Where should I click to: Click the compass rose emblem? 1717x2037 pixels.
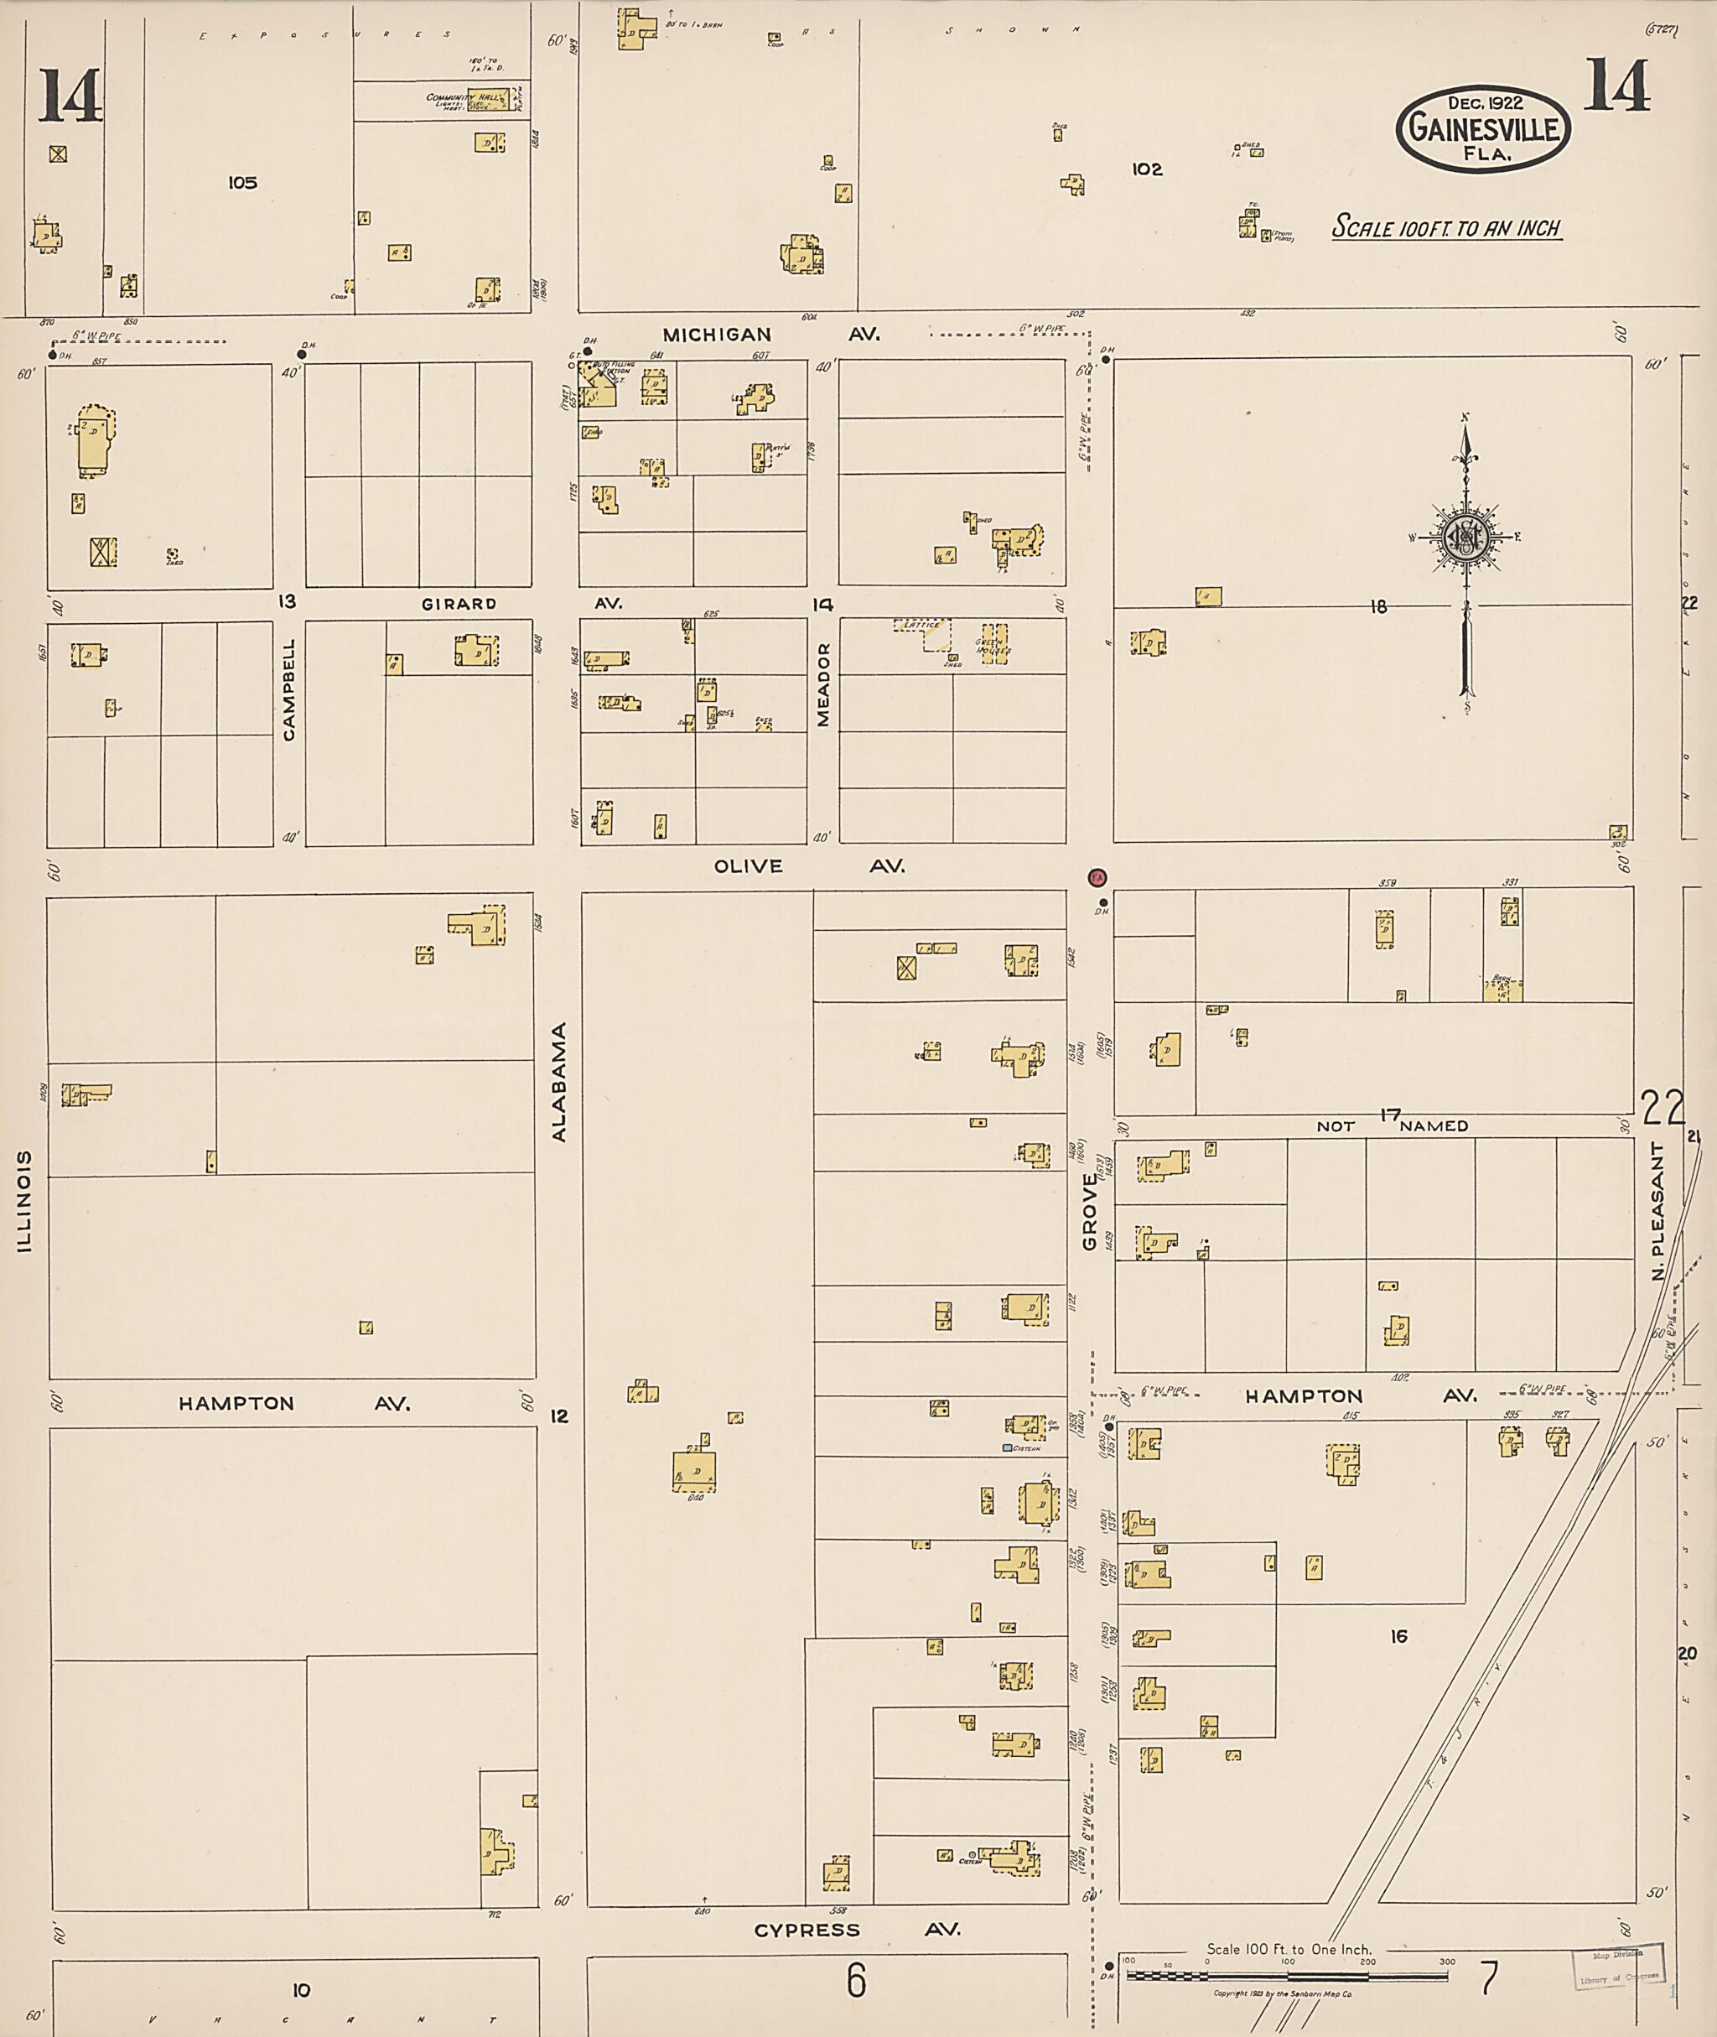point(1463,536)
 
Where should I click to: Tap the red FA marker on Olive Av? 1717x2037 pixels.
point(1097,877)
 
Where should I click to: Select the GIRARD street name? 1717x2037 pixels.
point(459,604)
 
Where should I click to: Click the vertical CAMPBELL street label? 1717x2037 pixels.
point(289,689)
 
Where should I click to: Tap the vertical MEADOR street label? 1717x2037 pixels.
point(823,683)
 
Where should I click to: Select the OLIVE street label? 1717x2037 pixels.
point(748,865)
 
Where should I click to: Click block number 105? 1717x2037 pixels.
point(242,182)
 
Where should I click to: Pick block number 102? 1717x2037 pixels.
point(1147,169)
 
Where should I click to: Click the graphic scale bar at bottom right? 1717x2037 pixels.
point(1287,1976)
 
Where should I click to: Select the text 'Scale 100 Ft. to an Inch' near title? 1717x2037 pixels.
point(1446,229)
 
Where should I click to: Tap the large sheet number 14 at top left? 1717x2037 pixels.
point(70,96)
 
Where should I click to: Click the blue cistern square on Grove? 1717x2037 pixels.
point(1008,1448)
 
